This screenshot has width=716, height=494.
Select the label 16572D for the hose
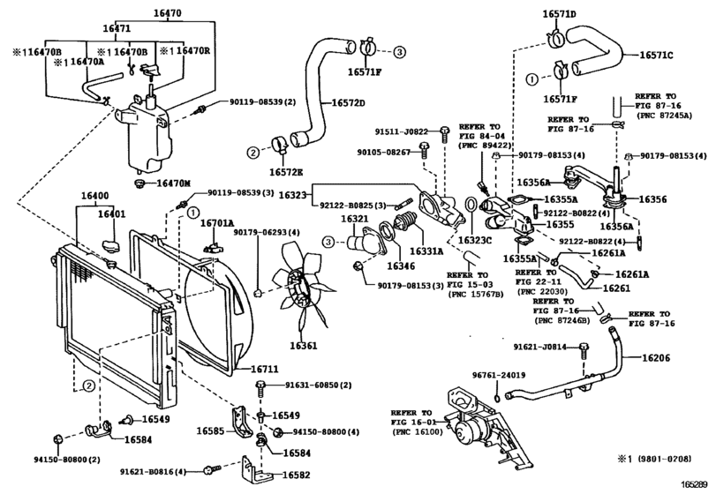349,103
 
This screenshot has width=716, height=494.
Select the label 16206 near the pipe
655,358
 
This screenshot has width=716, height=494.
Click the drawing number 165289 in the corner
694,484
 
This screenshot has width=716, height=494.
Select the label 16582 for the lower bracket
298,475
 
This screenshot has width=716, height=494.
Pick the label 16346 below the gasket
402,265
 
